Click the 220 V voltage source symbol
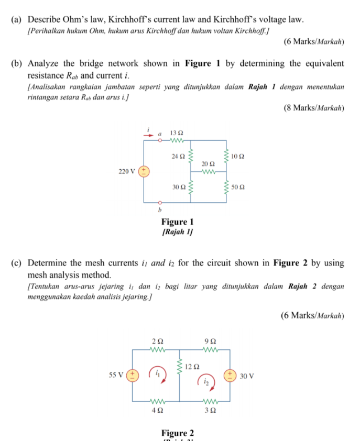click(144, 171)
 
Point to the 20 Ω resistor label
click(208, 164)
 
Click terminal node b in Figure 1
click(160, 202)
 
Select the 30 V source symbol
click(229, 375)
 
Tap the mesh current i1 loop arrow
click(158, 373)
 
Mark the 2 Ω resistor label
click(157, 341)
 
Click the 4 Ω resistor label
click(157, 411)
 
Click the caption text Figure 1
click(178, 222)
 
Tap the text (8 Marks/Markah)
click(314, 108)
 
